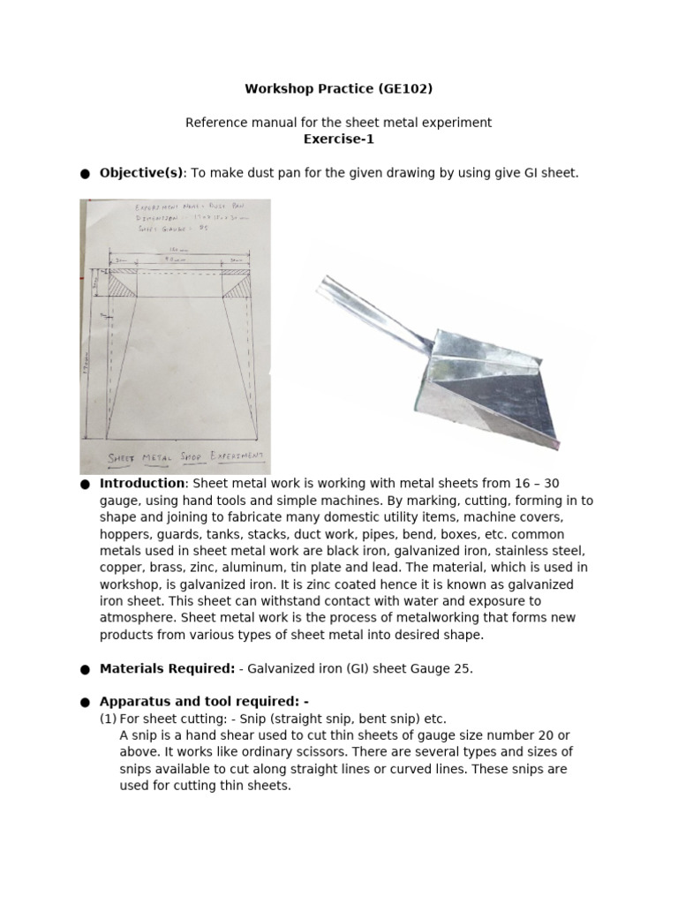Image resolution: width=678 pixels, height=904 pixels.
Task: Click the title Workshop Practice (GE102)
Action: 338,89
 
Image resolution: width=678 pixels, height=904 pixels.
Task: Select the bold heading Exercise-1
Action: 338,139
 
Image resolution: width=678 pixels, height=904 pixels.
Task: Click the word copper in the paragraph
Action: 119,568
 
